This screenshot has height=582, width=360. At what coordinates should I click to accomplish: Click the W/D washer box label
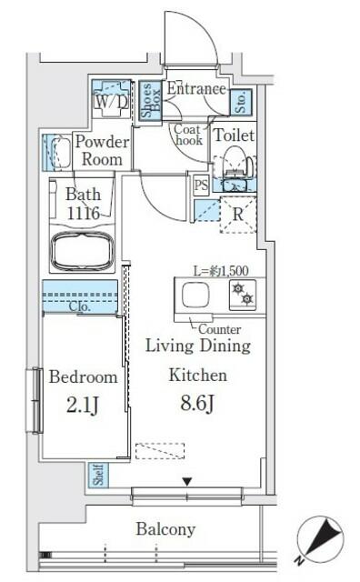click(112, 102)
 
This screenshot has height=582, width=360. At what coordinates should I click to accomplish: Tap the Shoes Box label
click(148, 102)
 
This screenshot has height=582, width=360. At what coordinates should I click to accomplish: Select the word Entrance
click(195, 89)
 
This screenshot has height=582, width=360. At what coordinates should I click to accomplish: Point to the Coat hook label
click(187, 135)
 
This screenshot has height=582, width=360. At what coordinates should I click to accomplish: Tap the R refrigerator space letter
click(236, 216)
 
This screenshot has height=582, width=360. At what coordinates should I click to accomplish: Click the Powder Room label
click(101, 150)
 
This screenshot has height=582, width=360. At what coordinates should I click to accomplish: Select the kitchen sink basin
click(195, 296)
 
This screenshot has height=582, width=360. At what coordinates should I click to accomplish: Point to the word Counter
click(218, 329)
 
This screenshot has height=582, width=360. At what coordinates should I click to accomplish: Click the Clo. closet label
click(80, 307)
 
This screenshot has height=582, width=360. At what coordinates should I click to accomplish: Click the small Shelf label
click(96, 475)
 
